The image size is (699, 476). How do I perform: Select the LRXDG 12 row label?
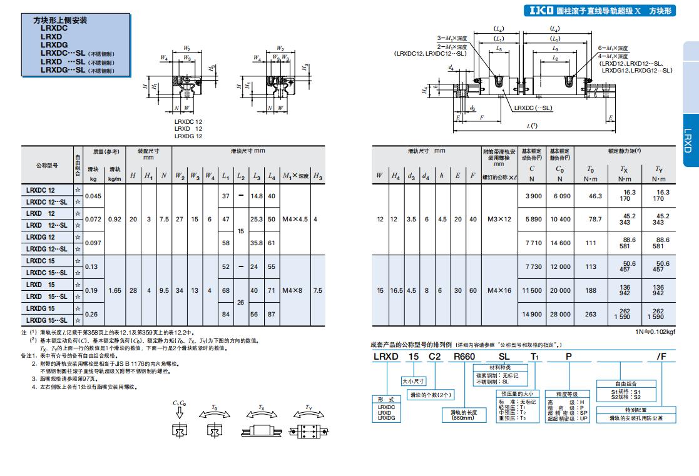[41, 237]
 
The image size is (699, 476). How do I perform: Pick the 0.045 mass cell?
[93, 196]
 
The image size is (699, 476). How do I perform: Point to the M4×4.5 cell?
[295, 220]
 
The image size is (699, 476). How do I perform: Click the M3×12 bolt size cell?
[499, 220]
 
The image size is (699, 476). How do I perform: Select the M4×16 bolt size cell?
[499, 291]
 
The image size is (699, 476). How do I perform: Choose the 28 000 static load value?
[560, 315]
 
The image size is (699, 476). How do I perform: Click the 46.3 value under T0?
[590, 196]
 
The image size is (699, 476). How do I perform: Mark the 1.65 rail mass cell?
[115, 291]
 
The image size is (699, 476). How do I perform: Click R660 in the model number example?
[464, 356]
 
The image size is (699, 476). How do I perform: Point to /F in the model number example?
[661, 356]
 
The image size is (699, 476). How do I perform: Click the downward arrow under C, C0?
[180, 413]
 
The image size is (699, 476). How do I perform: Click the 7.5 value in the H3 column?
[317, 291]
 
